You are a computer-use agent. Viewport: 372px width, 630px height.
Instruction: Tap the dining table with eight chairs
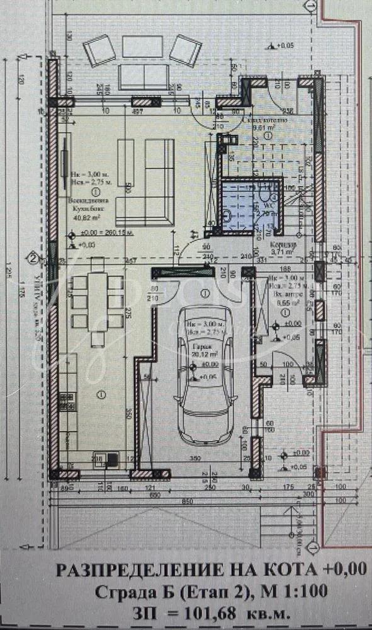97,301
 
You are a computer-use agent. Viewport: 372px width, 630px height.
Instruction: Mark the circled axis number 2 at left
32,257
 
